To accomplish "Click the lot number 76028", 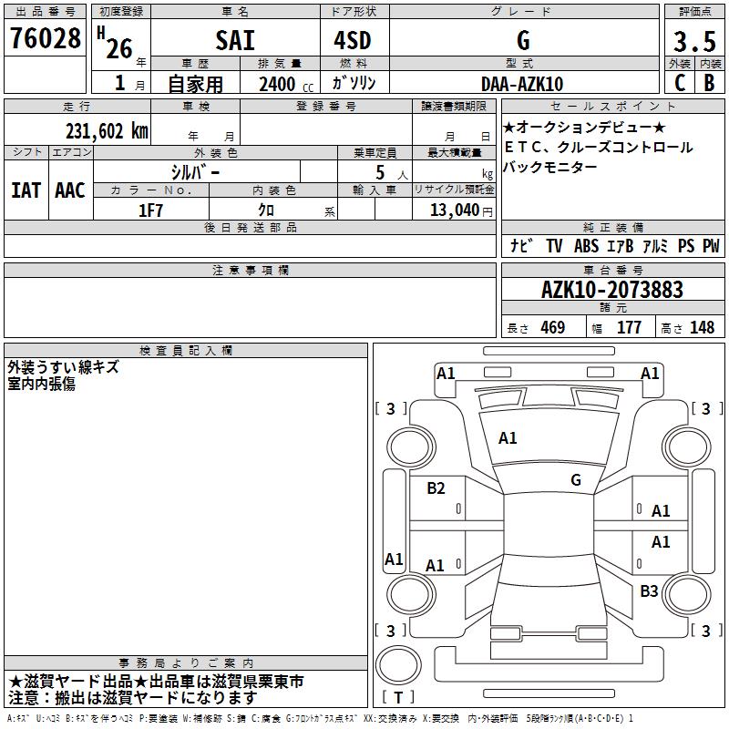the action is [46, 38].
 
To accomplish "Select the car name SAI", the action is [235, 40].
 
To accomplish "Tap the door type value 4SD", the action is [353, 40].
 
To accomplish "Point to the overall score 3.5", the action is [694, 42].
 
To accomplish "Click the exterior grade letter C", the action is [680, 83].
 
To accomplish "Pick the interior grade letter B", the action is [709, 83].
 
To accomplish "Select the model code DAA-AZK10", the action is [522, 84].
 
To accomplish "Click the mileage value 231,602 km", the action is [107, 131].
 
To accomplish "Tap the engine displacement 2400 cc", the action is [286, 84].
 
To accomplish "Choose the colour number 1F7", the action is [150, 210].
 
